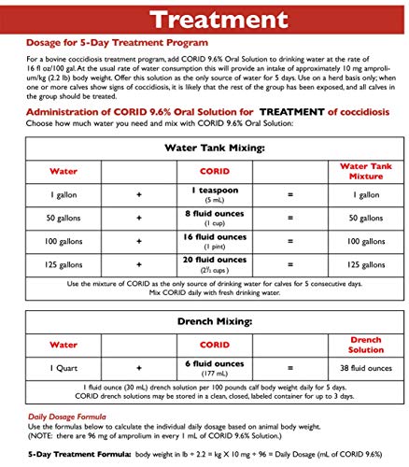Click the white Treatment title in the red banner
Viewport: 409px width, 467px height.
click(204, 20)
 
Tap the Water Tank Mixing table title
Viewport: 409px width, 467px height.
click(204, 147)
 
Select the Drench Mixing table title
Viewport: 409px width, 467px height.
click(204, 321)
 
